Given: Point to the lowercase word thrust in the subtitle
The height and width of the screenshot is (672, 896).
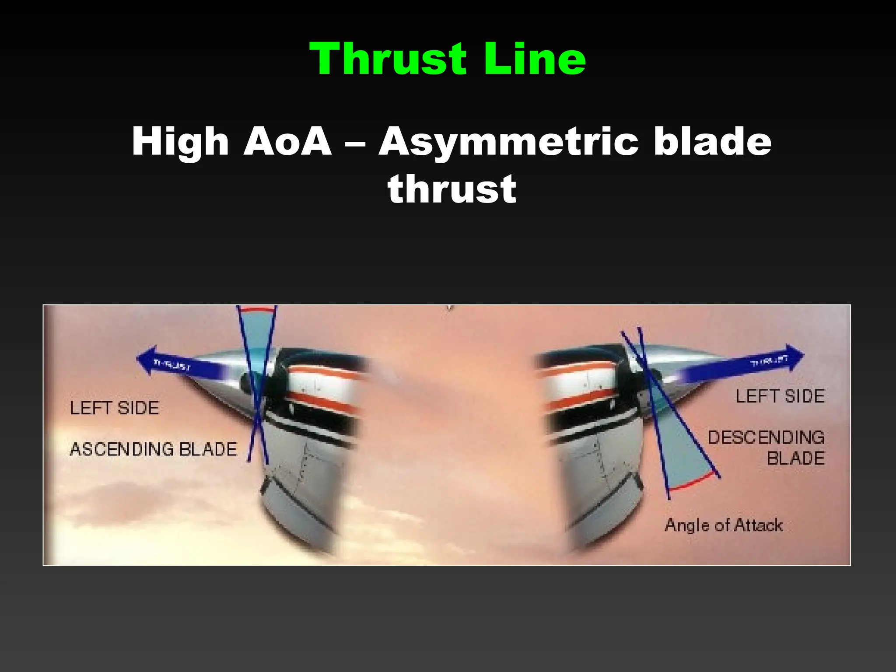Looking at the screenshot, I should click(x=451, y=189).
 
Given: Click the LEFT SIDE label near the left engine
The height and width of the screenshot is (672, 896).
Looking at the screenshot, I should click(x=115, y=408).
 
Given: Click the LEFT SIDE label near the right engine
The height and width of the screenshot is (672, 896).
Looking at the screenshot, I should click(x=780, y=396).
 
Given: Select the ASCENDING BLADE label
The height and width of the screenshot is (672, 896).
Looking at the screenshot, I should click(x=153, y=449).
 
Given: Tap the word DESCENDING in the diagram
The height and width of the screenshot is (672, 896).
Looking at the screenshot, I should click(x=766, y=437).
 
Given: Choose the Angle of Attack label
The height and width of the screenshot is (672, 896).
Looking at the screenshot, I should click(x=724, y=525).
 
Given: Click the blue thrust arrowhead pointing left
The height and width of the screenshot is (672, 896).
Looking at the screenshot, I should click(x=147, y=359).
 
